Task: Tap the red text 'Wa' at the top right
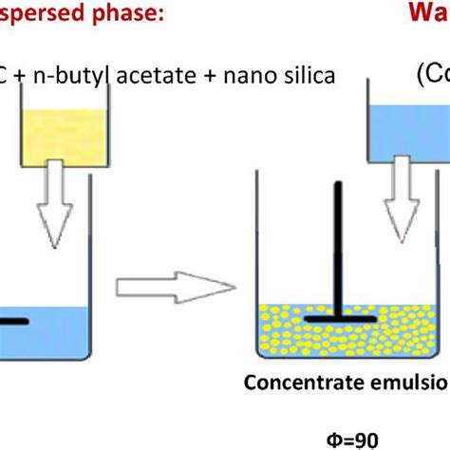pos(429,13)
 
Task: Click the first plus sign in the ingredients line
pos(25,74)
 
